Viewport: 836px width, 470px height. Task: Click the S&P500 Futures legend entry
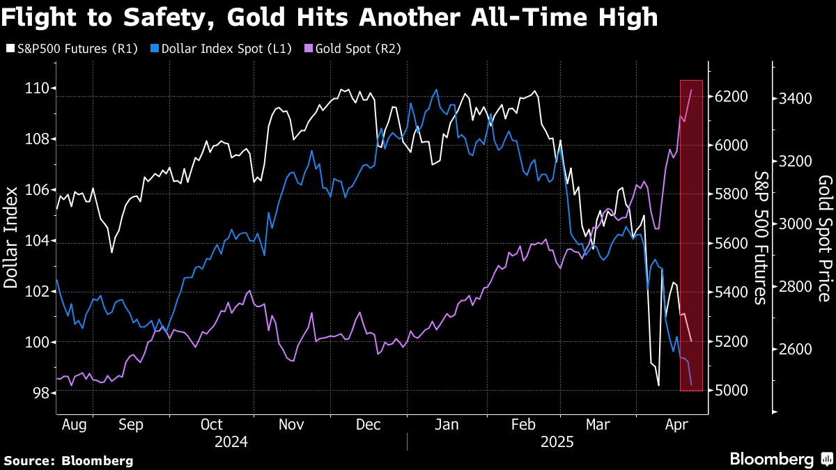[x=72, y=49]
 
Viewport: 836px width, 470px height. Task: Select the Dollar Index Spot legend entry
[x=221, y=49]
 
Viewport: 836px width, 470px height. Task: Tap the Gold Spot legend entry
[x=353, y=49]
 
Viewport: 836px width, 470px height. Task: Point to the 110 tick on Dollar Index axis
[x=37, y=89]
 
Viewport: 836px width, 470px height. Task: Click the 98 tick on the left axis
[x=41, y=393]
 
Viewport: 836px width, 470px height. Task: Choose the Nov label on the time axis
[x=291, y=425]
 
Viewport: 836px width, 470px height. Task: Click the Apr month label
[x=676, y=425]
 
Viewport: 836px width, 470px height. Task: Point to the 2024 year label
[x=231, y=442]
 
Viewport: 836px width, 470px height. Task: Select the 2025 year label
[x=557, y=442]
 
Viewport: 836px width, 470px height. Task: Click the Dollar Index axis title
[x=10, y=237]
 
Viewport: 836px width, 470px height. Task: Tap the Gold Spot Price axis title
[x=825, y=239]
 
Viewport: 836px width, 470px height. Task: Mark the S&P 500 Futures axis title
[x=760, y=238]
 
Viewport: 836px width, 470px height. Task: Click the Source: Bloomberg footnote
[x=69, y=461]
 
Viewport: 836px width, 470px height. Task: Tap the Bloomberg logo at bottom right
[x=782, y=459]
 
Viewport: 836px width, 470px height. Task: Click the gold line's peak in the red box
[x=691, y=90]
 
